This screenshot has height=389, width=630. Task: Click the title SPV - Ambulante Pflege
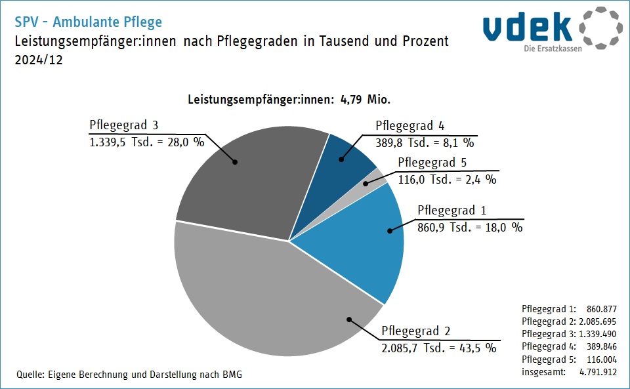point(88,22)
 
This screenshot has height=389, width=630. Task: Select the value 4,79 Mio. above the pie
point(366,100)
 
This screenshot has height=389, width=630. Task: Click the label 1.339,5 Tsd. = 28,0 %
point(147,142)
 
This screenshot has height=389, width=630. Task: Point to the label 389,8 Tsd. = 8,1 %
point(425,142)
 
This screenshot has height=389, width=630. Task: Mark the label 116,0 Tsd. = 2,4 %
point(447,178)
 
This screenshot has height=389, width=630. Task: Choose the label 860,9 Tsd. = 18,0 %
point(470,227)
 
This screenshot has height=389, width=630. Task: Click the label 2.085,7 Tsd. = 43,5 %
point(438,347)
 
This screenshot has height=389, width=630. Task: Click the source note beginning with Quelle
point(129,375)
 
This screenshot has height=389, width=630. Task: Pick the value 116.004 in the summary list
point(600,359)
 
